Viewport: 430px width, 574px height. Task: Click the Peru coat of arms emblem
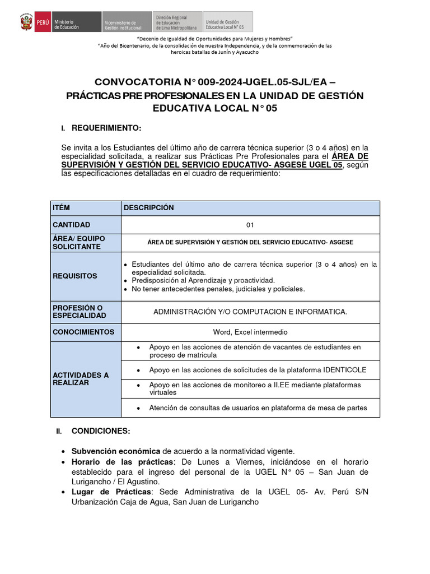coord(26,22)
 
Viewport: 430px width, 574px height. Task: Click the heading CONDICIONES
coord(101,431)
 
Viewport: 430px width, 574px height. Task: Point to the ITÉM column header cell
coord(61,208)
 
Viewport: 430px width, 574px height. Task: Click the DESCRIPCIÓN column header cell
coord(149,208)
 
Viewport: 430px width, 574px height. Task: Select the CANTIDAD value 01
coord(250,225)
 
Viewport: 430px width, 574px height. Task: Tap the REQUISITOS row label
coord(75,276)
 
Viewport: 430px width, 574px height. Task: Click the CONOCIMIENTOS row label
coord(83,332)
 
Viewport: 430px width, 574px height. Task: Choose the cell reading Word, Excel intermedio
coord(250,332)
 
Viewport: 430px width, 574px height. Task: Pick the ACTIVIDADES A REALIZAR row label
coord(81,379)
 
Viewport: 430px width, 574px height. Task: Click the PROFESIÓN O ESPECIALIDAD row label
coord(79,312)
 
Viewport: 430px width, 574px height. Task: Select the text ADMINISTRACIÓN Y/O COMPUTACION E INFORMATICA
coord(250,312)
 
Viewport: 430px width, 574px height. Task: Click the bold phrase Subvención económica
coord(115,451)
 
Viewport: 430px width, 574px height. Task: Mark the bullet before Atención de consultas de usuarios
coord(138,408)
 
